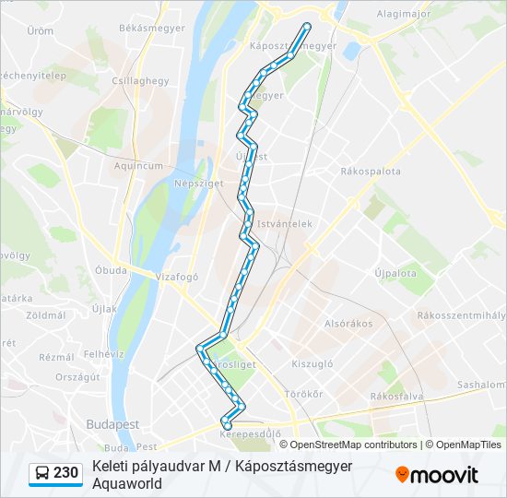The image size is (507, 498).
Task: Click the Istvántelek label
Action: pyautogui.click(x=287, y=223)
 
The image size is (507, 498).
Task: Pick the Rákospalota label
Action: pyautogui.click(x=371, y=171)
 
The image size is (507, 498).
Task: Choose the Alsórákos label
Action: pyautogui.click(x=348, y=324)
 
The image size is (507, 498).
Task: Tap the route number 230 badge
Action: pyautogui.click(x=65, y=472)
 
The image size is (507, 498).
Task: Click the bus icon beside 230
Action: pyautogui.click(x=42, y=473)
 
